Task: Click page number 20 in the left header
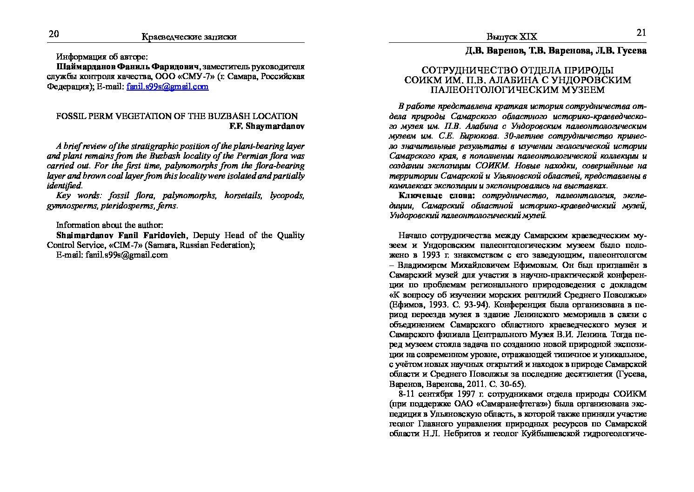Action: click(x=53, y=34)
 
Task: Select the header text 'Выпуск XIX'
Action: click(x=512, y=37)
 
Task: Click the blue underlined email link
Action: click(x=167, y=86)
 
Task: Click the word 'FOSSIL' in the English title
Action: click(x=71, y=116)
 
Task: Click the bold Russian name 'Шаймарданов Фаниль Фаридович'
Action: click(x=127, y=66)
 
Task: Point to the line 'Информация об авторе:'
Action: click(x=102, y=57)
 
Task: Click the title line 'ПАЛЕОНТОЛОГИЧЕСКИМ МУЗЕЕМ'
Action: click(x=517, y=90)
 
